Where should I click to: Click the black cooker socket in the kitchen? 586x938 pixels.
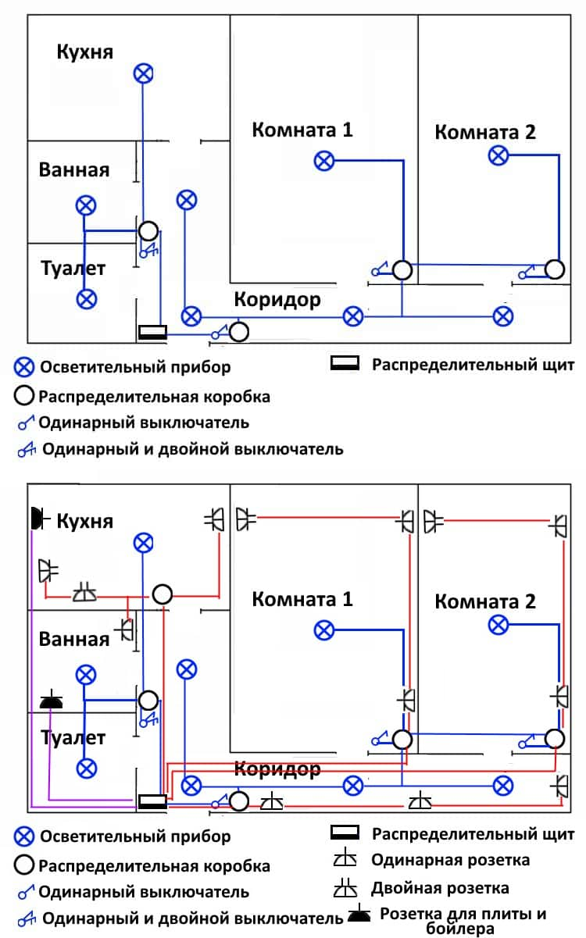coord(38,519)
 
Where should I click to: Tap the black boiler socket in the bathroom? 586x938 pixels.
coord(51,700)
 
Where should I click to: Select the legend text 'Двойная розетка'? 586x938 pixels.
coord(440,888)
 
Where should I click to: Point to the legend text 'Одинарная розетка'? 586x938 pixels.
coord(450,860)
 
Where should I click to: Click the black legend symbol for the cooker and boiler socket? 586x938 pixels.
coord(359,913)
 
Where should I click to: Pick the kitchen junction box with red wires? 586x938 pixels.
coord(163,594)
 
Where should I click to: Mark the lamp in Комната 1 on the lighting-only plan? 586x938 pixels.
coord(324,161)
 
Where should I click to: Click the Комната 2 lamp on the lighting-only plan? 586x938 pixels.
coord(498,155)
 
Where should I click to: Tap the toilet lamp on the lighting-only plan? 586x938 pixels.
coord(87,299)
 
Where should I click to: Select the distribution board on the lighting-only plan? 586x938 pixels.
coord(152,332)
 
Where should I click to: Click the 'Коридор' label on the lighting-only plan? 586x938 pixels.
coord(277,299)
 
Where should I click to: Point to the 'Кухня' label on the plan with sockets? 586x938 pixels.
coord(85,522)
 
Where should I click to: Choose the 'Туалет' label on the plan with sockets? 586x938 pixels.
coord(73,738)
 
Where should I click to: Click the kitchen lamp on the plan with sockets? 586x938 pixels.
coord(144,543)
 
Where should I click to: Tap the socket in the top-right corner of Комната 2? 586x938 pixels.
coord(559,526)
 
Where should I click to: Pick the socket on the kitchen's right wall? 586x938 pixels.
coord(214,519)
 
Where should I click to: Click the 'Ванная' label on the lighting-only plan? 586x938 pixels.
coord(74,170)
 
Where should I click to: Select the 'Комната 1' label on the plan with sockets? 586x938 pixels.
coord(302,599)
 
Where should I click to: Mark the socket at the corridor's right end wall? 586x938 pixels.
coord(559,786)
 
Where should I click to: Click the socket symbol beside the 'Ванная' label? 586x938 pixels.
coord(124,629)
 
